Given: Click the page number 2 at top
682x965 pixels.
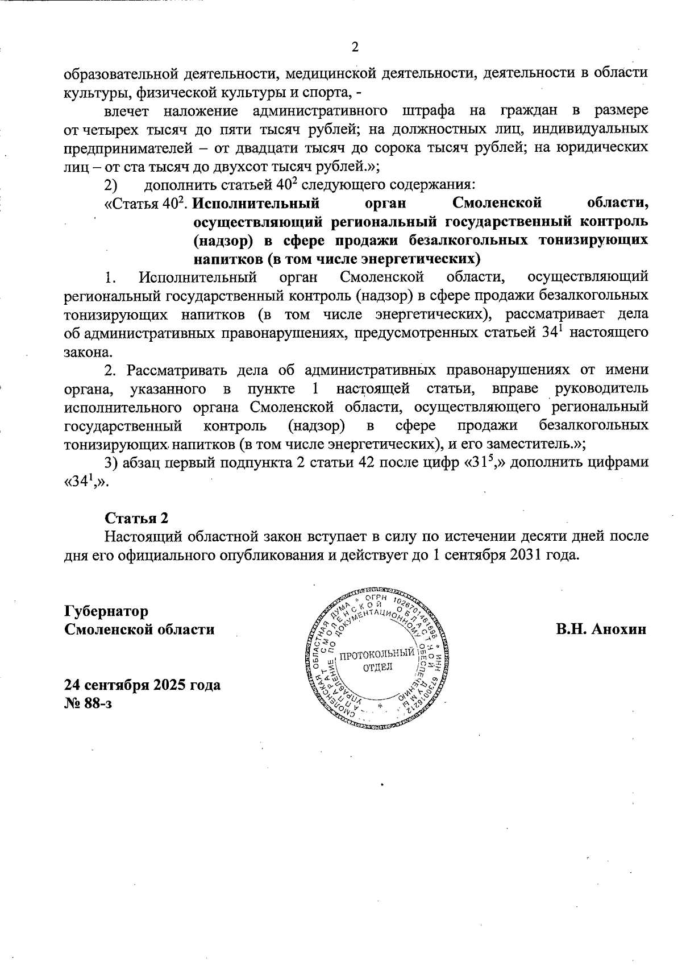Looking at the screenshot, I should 355,47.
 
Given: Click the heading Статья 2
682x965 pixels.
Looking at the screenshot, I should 136,518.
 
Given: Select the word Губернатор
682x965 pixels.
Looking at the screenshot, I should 106,611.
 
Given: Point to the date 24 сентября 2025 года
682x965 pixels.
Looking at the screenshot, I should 142,685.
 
